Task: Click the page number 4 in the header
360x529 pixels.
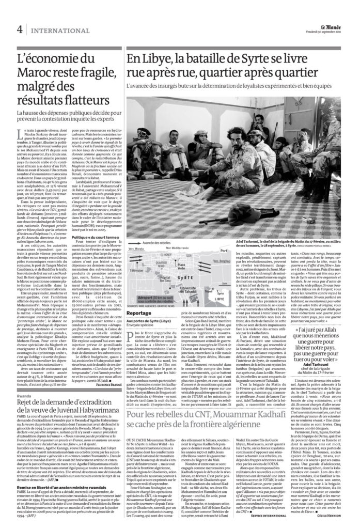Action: pos(19,29)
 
